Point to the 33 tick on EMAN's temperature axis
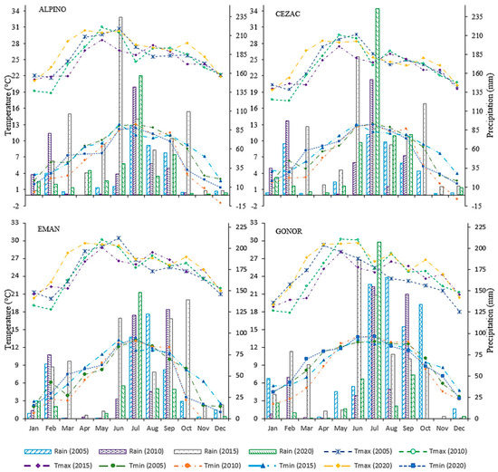[15, 223]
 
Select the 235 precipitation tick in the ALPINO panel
[240, 16]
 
